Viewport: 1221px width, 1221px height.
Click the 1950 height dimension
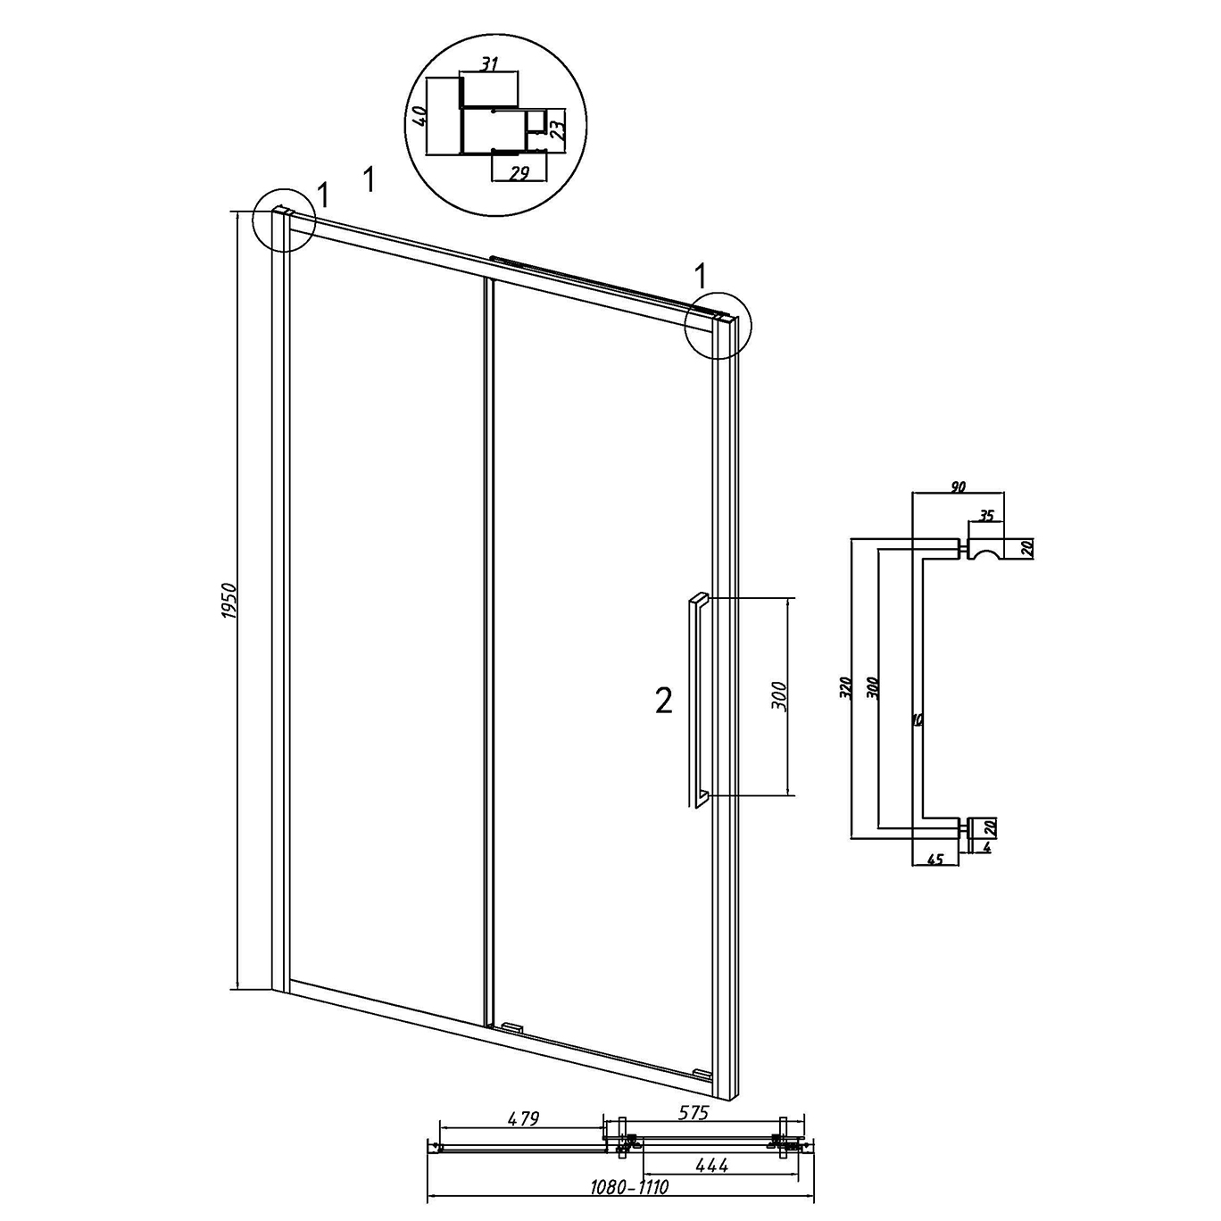[x=229, y=602]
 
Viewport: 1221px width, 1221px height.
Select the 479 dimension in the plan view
[x=522, y=1119]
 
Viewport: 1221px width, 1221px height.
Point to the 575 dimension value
[x=692, y=1113]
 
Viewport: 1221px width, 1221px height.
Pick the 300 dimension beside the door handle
[x=781, y=696]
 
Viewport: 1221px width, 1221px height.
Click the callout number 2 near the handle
[x=663, y=701]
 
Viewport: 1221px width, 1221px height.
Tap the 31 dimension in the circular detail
[x=488, y=64]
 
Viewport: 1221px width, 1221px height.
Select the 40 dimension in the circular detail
[x=418, y=116]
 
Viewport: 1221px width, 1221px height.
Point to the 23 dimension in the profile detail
[x=556, y=129]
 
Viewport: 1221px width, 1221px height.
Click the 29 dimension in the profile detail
[x=519, y=174]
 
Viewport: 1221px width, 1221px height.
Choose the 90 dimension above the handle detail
[x=958, y=486]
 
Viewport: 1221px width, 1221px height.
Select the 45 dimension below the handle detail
[x=935, y=860]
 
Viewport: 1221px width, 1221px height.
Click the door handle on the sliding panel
[x=698, y=700]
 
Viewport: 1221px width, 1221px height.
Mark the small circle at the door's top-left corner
[x=284, y=220]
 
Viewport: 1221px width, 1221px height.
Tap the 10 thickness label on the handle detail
[x=918, y=719]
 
